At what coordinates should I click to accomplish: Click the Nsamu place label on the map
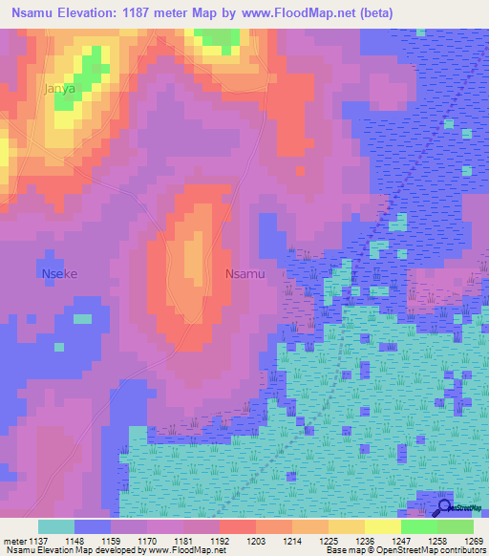(x=244, y=274)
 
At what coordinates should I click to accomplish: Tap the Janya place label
(x=59, y=89)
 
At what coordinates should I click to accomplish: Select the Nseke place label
(x=59, y=274)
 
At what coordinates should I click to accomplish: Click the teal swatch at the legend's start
(x=56, y=526)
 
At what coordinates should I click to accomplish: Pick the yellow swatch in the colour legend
(x=382, y=526)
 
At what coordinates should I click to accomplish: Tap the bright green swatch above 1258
(x=418, y=526)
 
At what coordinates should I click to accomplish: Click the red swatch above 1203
(x=237, y=526)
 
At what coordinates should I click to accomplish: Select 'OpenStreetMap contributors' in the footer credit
(x=431, y=550)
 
